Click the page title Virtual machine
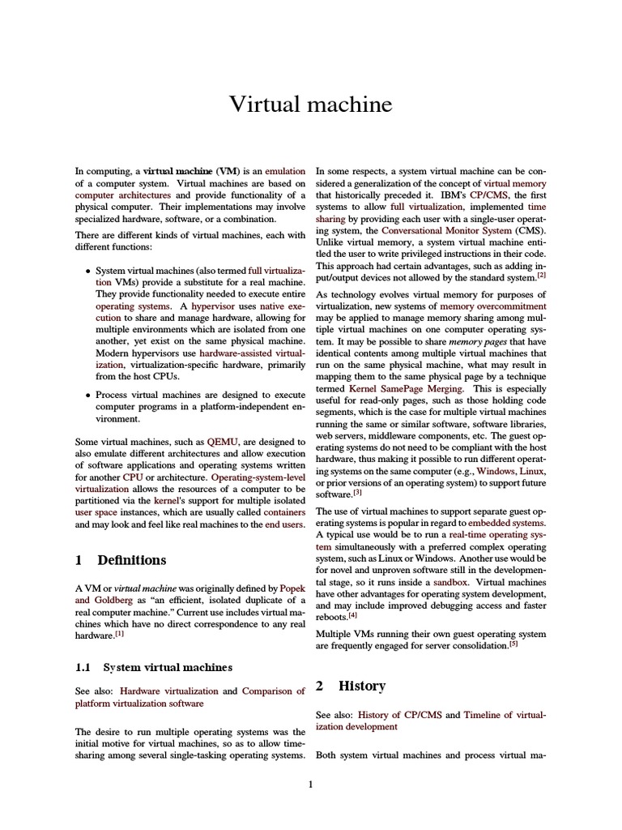click(x=310, y=105)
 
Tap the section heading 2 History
click(x=351, y=686)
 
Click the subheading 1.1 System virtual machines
click(x=153, y=667)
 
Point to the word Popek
click(x=292, y=588)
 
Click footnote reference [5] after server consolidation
click(x=513, y=644)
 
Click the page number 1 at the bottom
click(x=310, y=784)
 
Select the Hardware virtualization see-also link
click(x=169, y=691)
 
